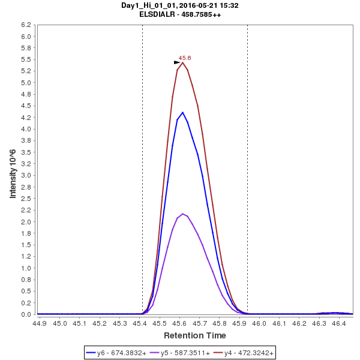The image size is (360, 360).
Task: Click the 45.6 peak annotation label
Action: click(x=185, y=58)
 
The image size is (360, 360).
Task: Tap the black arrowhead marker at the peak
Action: click(x=177, y=62)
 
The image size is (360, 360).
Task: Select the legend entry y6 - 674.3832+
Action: click(x=117, y=353)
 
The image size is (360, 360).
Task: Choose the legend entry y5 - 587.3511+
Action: click(x=180, y=353)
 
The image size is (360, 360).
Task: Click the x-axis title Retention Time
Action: click(x=195, y=335)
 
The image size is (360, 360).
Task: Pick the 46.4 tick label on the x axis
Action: click(x=338, y=323)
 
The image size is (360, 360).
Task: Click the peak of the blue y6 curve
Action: click(x=182, y=112)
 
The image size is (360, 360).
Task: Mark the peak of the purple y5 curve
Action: click(x=182, y=214)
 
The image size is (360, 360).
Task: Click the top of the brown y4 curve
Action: click(x=182, y=62)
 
